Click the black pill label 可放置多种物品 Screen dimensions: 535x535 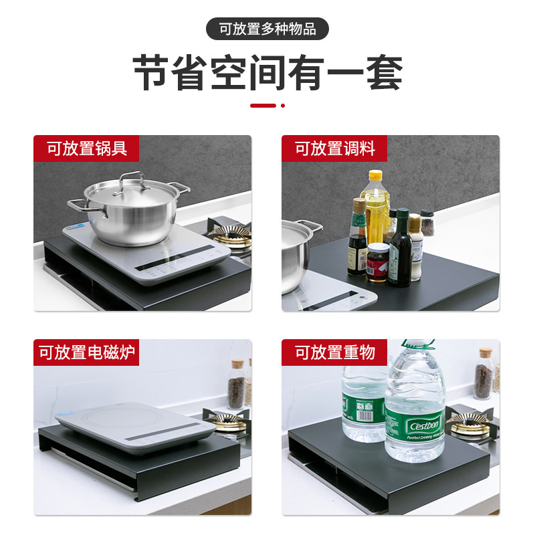point(267,29)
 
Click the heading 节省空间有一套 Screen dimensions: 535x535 point(267,74)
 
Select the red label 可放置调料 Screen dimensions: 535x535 point(335,148)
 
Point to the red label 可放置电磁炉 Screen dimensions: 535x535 point(88,352)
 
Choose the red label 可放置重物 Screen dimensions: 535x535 point(335,352)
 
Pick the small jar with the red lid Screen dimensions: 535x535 point(378,261)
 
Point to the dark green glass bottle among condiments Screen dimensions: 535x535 point(400,251)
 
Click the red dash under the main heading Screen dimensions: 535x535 point(263,106)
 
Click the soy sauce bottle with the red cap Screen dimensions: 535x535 point(358,241)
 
